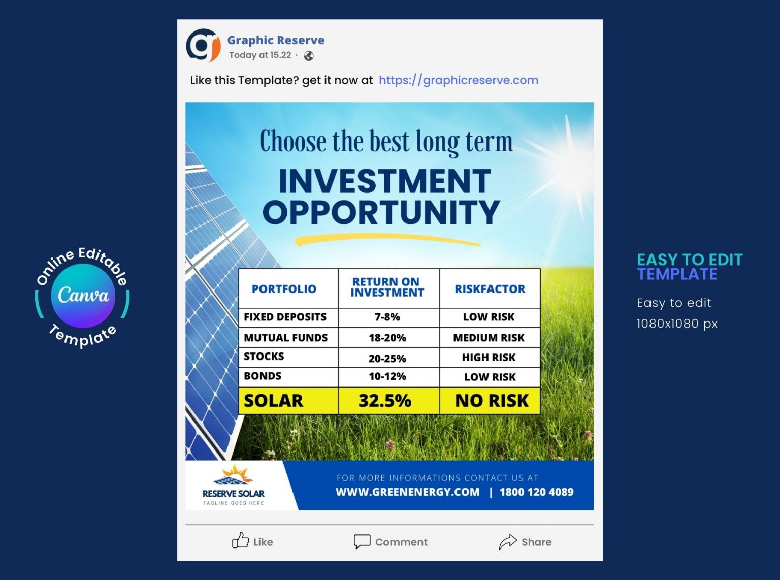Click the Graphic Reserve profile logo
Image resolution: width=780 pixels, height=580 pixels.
click(203, 45)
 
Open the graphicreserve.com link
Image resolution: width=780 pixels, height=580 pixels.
click(458, 80)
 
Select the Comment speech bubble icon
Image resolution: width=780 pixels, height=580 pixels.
click(362, 541)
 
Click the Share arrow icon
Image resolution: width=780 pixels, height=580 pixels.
click(507, 542)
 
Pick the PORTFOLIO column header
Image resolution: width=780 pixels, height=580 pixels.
click(284, 289)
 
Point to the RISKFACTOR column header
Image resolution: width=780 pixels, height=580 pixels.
click(490, 289)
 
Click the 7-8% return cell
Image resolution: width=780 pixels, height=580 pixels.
click(387, 317)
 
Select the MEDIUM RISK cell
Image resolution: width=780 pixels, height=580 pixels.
click(489, 338)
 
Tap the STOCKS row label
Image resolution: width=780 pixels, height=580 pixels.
click(264, 357)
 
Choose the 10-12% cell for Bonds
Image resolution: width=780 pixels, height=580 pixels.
click(387, 377)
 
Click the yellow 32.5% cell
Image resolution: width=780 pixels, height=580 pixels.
click(385, 401)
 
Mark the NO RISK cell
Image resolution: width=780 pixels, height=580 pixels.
click(492, 401)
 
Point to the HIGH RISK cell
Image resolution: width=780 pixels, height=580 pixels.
click(489, 358)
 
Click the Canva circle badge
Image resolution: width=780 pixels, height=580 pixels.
click(83, 296)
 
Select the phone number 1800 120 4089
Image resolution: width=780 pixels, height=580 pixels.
click(536, 492)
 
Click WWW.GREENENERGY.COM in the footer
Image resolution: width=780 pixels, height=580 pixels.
click(407, 492)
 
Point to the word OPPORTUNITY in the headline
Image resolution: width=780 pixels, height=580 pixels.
click(381, 212)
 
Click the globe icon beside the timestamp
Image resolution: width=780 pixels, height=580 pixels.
click(309, 56)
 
